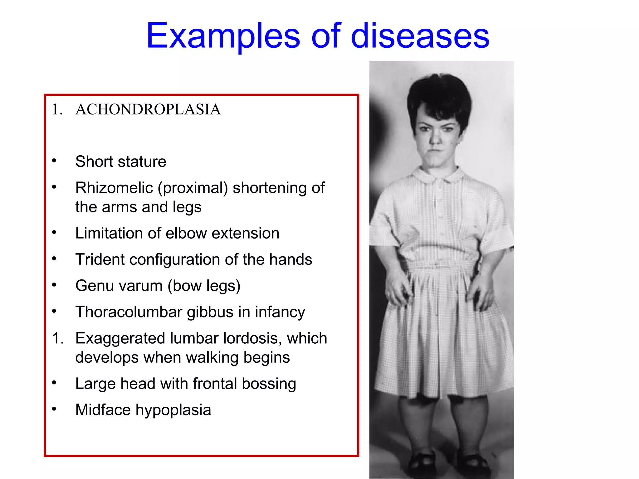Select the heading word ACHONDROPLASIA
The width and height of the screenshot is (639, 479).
[x=148, y=109]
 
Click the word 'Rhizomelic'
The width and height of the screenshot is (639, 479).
[x=114, y=188]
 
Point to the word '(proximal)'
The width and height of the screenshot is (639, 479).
[x=193, y=188]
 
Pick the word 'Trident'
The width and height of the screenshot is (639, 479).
[x=100, y=259]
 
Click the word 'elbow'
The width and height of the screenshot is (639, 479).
[x=186, y=233]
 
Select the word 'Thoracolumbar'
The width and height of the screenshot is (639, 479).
[x=129, y=312]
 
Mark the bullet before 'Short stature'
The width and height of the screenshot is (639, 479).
[x=54, y=161]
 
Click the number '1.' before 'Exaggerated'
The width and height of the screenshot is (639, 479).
[x=58, y=338]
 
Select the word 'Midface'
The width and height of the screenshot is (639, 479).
[x=103, y=410]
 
